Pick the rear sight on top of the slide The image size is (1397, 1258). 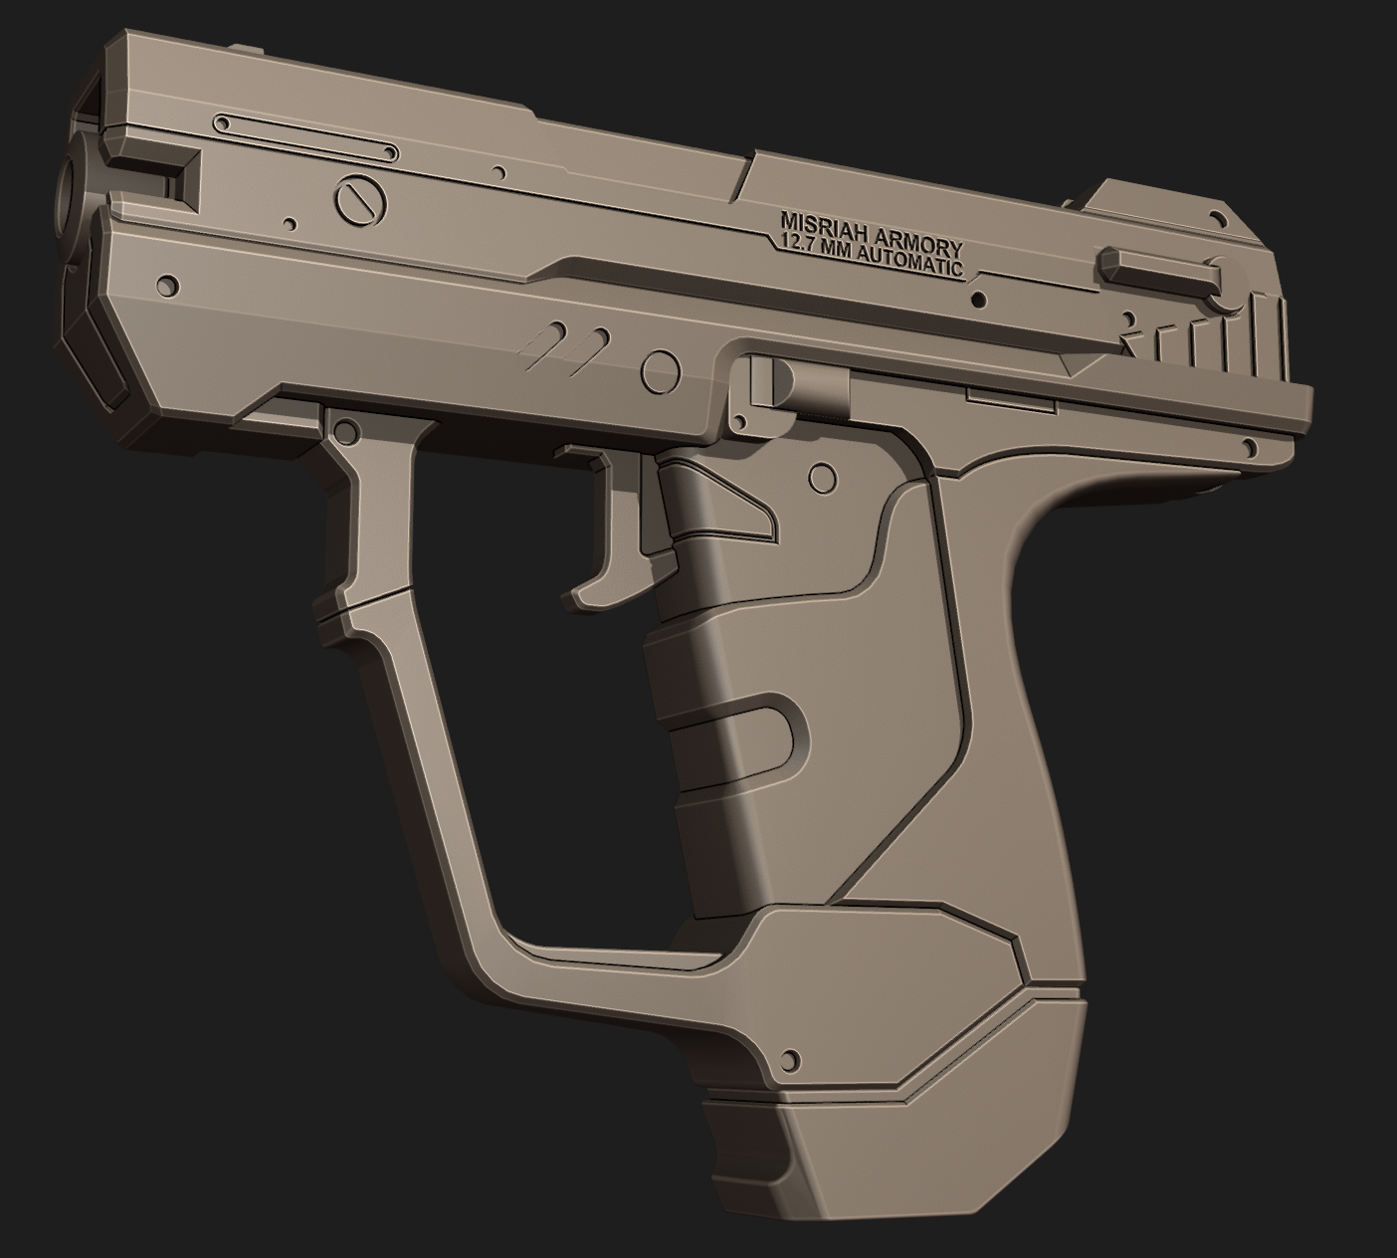pyautogui.click(x=1156, y=208)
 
